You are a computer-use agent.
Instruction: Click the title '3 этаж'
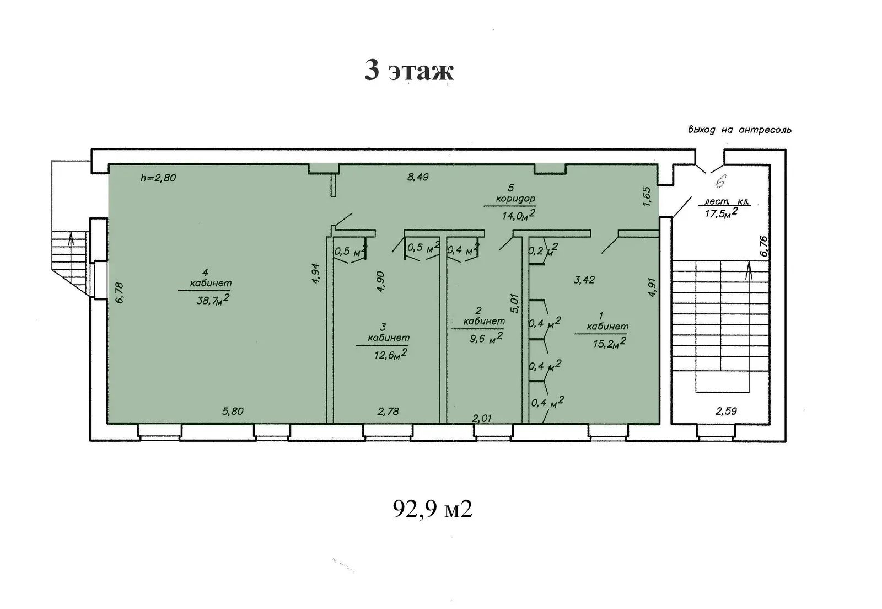(409, 71)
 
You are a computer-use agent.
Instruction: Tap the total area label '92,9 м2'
(432, 509)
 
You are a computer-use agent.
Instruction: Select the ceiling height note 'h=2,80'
(158, 178)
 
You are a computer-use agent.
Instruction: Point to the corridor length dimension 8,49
(418, 177)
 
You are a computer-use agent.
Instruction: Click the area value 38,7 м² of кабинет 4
(213, 300)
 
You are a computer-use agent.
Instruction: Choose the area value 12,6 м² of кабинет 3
(391, 355)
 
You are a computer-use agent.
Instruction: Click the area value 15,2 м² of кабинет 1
(610, 343)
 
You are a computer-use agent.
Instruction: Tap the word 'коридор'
(515, 199)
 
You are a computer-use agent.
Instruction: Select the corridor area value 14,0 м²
(519, 215)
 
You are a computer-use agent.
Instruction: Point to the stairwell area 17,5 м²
(721, 213)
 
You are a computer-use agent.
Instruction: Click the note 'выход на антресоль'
(739, 130)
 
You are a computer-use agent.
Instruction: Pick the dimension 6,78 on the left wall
(119, 293)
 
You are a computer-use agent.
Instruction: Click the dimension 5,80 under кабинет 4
(233, 412)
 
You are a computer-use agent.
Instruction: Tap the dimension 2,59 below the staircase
(726, 412)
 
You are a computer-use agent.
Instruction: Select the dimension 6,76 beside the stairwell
(763, 246)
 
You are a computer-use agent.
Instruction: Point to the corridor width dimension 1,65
(647, 196)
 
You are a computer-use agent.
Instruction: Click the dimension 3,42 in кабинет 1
(584, 280)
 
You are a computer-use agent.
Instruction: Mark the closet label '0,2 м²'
(543, 249)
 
